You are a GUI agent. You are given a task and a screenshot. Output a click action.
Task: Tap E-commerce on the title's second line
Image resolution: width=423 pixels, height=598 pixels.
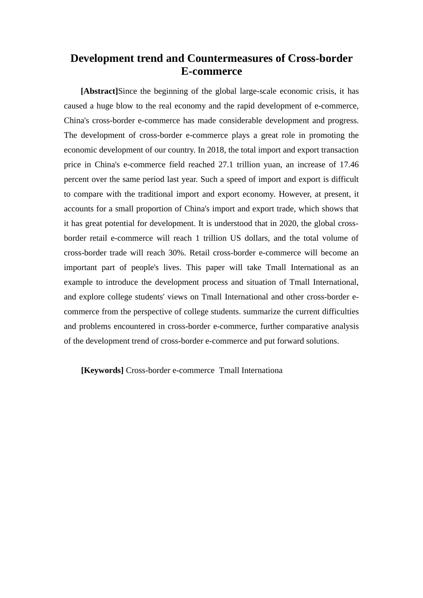click(211, 71)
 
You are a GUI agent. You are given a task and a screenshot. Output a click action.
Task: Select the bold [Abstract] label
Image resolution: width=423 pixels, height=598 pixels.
click(99, 91)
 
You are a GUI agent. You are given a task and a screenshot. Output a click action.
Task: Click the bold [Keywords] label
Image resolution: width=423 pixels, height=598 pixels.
click(102, 370)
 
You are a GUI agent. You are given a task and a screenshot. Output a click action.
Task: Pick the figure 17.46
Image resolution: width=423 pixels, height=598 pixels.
click(349, 165)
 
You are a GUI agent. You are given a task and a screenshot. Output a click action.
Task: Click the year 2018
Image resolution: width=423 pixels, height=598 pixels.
click(216, 150)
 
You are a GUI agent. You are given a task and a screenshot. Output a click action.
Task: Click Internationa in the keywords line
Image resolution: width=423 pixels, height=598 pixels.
click(262, 370)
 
